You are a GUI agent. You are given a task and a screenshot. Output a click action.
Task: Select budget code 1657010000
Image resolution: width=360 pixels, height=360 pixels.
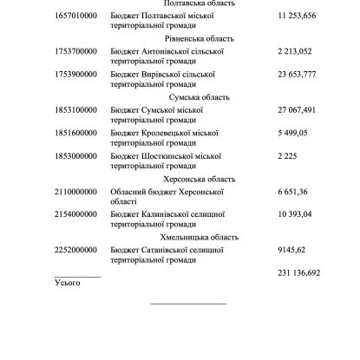click(x=75, y=16)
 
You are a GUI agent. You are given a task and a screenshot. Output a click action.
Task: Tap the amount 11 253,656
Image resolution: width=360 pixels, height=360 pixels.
click(x=298, y=16)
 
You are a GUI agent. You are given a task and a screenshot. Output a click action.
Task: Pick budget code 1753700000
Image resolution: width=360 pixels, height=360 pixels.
click(x=75, y=51)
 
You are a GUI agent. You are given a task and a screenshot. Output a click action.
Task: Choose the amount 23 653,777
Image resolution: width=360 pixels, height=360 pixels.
click(x=298, y=75)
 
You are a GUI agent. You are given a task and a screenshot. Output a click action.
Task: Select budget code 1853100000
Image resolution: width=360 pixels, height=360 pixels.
click(x=75, y=110)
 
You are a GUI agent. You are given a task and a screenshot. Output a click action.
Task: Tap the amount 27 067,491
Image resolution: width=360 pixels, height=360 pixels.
click(x=298, y=110)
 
